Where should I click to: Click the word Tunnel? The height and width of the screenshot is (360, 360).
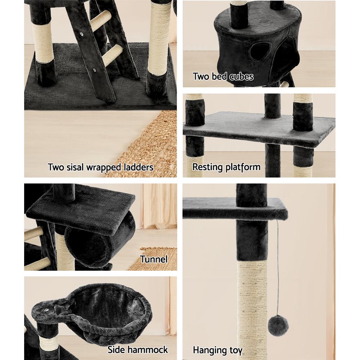point(154,259)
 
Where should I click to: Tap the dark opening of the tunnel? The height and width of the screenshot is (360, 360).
point(90,248)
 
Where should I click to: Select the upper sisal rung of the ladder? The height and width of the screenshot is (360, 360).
point(100,21)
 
